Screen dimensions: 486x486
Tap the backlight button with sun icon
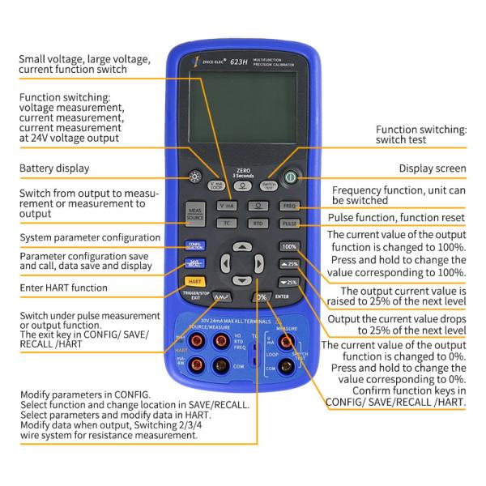tap(195, 177)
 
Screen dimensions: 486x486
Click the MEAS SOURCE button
tap(195, 213)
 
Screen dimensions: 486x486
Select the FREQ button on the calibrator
tap(290, 206)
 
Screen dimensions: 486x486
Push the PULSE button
tap(290, 223)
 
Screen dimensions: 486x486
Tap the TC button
tap(228, 223)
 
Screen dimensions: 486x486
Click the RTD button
tap(258, 223)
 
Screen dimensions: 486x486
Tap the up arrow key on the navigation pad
tap(241, 245)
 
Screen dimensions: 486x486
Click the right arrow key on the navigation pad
tap(259, 264)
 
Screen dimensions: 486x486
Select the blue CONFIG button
tap(195, 245)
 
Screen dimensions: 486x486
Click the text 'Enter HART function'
tap(63, 288)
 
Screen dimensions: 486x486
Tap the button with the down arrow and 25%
tap(289, 282)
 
